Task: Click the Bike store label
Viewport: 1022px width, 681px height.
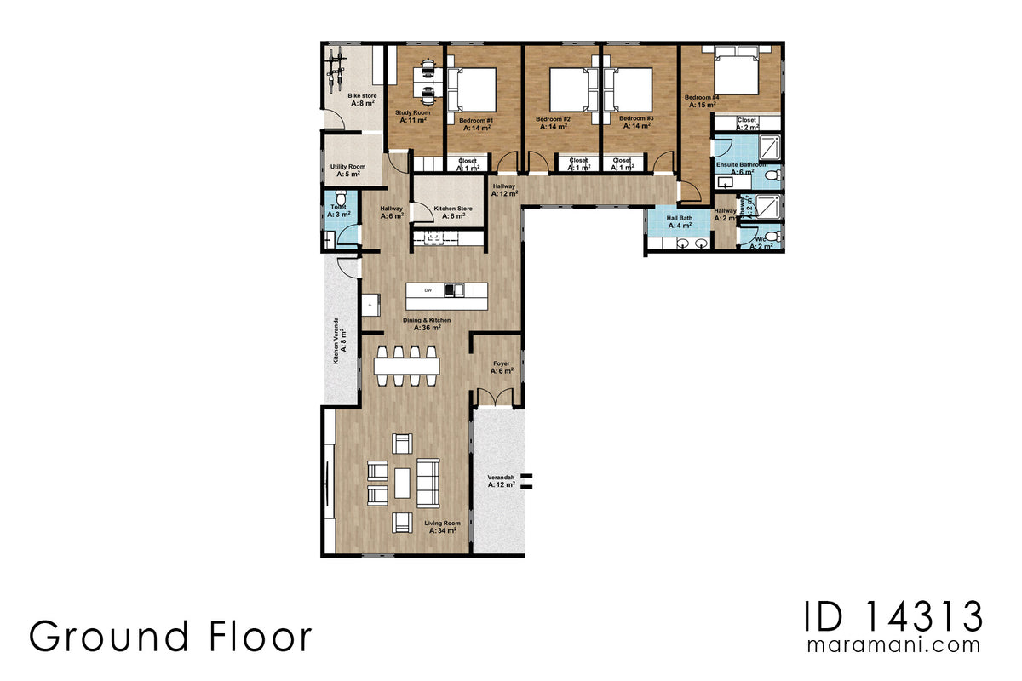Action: click(362, 96)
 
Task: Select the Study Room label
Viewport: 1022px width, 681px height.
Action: click(412, 112)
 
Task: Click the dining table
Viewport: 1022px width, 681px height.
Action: click(407, 366)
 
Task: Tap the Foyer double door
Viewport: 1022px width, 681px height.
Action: click(496, 397)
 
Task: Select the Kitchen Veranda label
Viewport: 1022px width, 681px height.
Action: click(336, 340)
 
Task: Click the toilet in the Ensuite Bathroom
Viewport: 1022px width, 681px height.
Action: click(772, 175)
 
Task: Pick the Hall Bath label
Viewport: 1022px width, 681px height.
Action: click(679, 218)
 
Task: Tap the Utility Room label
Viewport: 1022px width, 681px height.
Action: click(347, 167)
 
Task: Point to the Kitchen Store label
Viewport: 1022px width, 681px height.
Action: click(452, 209)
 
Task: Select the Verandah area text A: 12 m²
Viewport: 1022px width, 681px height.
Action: click(499, 484)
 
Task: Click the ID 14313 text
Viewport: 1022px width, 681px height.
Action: click(893, 615)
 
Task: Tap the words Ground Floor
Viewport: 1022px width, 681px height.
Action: click(170, 637)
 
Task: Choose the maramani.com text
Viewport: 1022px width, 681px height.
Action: click(893, 645)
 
